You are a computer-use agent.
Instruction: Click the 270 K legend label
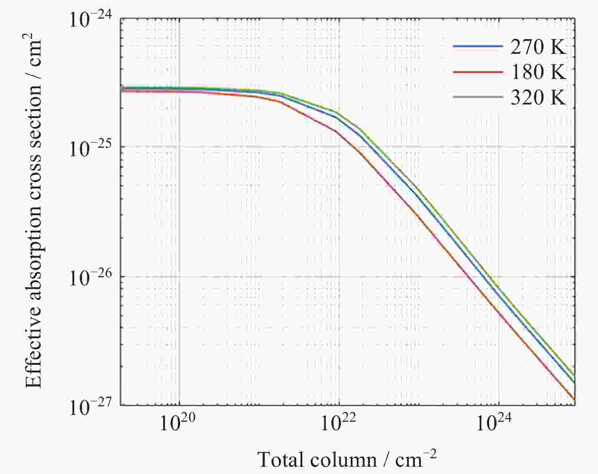(x=538, y=47)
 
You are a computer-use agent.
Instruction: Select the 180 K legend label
(x=538, y=72)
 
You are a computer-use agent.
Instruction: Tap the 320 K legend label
(x=538, y=98)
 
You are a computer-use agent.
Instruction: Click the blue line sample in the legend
(x=478, y=47)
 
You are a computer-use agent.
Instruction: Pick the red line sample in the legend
(x=478, y=72)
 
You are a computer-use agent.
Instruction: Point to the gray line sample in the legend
(x=478, y=97)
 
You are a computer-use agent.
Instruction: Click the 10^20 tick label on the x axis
(x=178, y=423)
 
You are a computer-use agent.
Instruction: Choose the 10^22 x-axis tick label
(x=338, y=423)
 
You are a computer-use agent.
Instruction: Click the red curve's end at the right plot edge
(x=574, y=400)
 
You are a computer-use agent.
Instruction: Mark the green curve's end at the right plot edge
(x=574, y=375)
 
